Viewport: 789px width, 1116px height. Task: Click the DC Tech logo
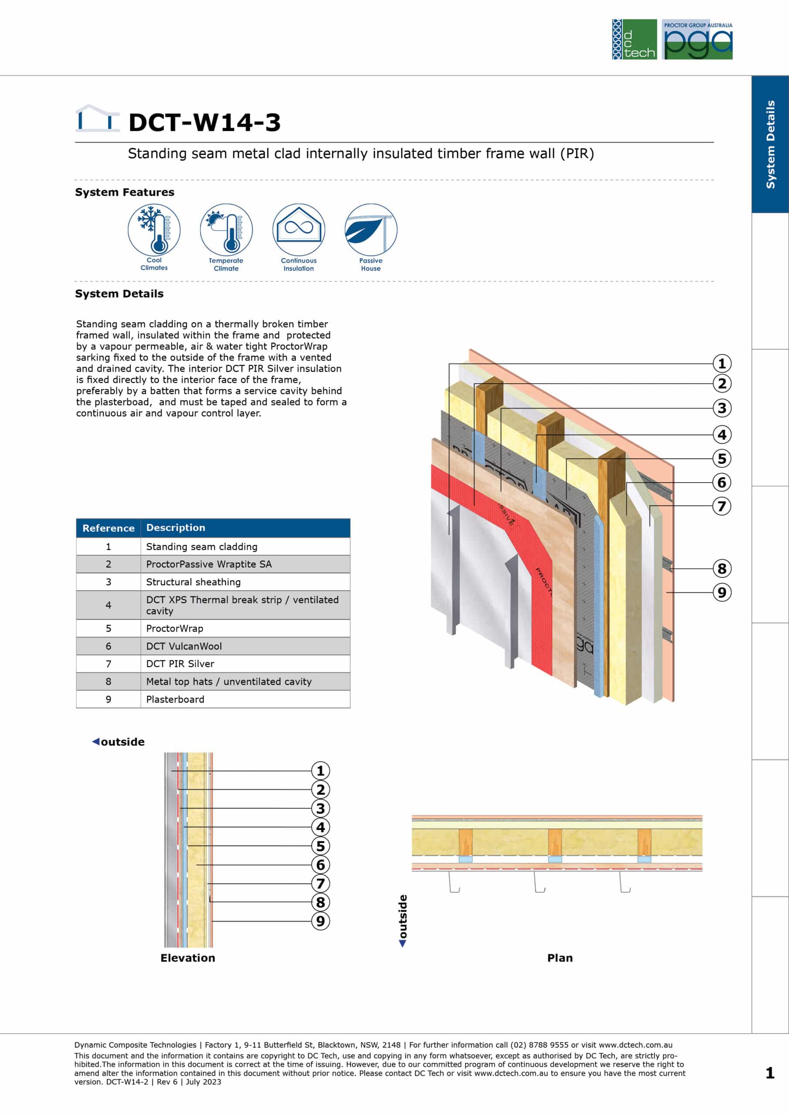(634, 39)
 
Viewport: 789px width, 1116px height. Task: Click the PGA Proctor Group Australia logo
(697, 39)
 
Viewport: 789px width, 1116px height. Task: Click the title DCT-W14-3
(205, 122)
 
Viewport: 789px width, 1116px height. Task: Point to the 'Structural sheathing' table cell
(245, 582)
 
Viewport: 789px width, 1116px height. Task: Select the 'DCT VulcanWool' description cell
(245, 646)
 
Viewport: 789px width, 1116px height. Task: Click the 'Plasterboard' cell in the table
(245, 699)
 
